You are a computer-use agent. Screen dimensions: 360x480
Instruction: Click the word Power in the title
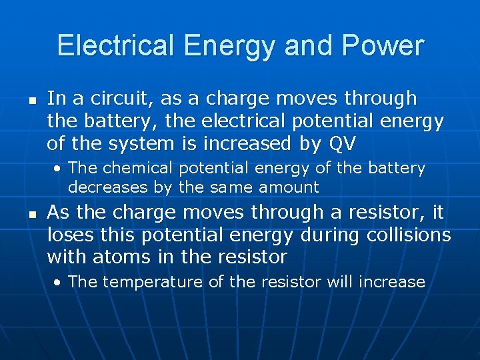(384, 46)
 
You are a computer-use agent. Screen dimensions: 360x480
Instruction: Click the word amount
(288, 187)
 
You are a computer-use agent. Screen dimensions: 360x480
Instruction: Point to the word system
(151, 143)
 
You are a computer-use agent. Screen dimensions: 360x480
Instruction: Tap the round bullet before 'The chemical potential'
(59, 168)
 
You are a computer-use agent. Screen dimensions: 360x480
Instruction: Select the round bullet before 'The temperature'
(59, 282)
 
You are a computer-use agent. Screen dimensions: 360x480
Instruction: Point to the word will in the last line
(340, 281)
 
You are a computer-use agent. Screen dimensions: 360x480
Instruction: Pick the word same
(230, 187)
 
